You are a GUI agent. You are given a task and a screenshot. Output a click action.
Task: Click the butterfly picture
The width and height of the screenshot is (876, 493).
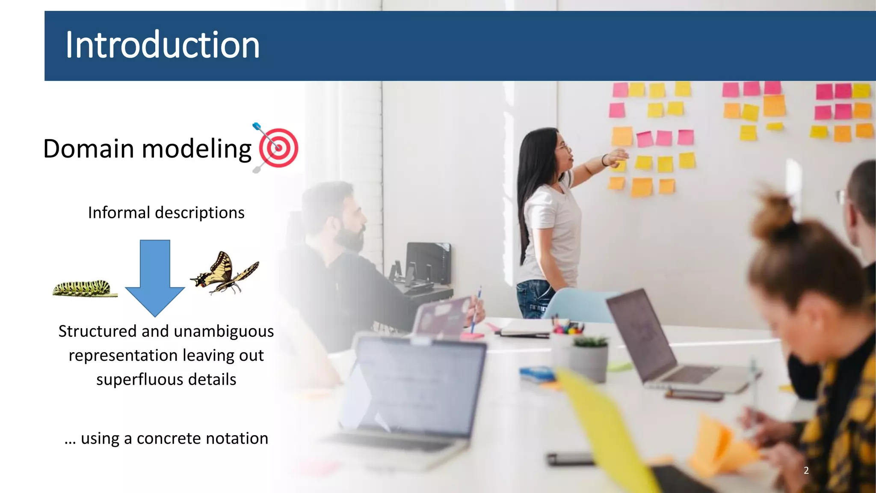225,273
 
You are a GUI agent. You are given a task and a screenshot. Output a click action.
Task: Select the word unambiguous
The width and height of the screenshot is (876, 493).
224,332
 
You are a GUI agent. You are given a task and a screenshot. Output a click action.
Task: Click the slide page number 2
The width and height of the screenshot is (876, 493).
806,470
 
